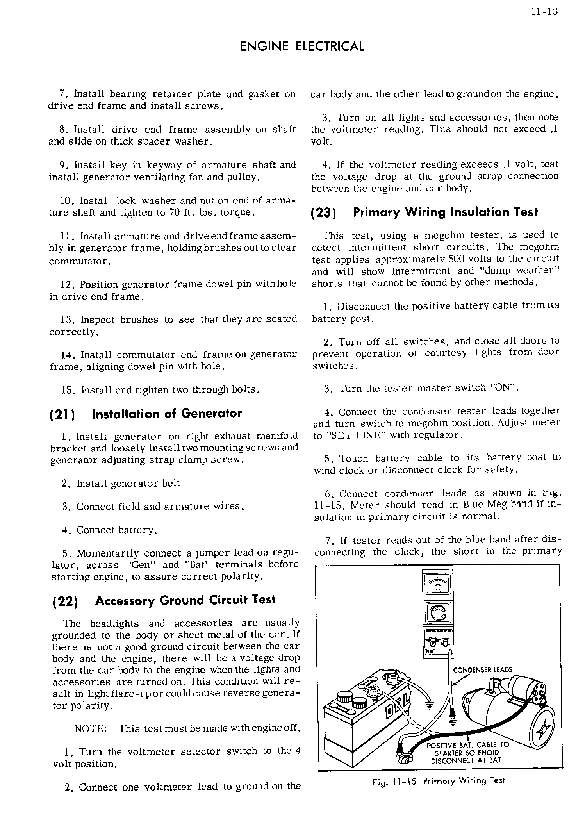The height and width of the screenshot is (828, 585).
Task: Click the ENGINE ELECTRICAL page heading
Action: (301, 46)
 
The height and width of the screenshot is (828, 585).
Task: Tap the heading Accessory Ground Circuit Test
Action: (185, 600)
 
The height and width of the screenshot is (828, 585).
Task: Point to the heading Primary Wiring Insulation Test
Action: (445, 212)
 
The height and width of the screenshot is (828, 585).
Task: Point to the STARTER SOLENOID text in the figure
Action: (466, 753)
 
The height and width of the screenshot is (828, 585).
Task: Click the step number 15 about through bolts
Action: (67, 390)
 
